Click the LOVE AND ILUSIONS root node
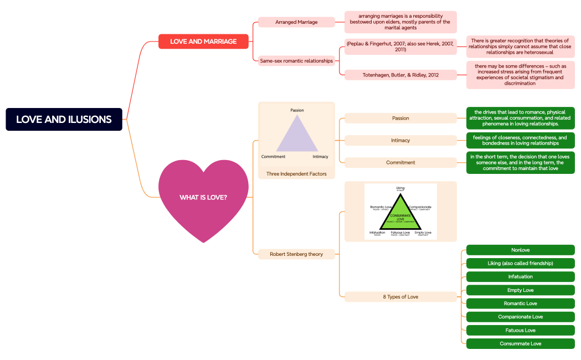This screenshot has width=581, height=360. click(64, 119)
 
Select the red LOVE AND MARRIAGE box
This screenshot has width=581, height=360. click(203, 42)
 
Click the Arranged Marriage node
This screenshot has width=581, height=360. click(296, 22)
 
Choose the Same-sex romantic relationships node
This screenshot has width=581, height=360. click(296, 61)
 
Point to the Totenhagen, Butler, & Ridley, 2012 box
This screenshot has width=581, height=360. click(400, 75)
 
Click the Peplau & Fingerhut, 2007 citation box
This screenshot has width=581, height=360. click(400, 47)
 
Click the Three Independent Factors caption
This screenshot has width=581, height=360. click(296, 174)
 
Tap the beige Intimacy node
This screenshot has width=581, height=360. click(400, 140)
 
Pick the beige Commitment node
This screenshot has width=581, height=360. click(400, 162)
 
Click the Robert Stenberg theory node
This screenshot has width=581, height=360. click(296, 254)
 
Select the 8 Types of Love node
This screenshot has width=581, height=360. click(400, 297)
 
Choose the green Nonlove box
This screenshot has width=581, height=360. click(520, 250)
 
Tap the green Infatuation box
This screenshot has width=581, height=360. click(520, 276)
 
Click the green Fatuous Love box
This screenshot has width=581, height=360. click(520, 330)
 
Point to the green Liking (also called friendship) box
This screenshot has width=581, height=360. click(520, 263)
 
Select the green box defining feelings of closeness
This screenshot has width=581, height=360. click(520, 140)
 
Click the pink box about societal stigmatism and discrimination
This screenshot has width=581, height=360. click(520, 75)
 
